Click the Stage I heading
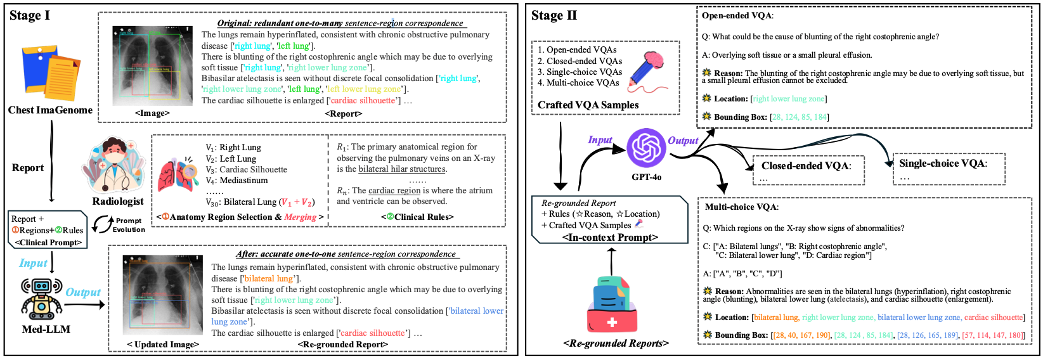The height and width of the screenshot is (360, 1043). point(30,16)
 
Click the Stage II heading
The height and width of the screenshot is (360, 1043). point(554,16)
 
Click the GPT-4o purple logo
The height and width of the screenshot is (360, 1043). point(646,148)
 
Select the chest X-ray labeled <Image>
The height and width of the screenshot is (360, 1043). point(152,65)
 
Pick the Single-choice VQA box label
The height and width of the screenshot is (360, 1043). point(942,164)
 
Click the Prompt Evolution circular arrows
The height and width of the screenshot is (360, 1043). point(103,224)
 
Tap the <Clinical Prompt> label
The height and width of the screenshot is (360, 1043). point(49,242)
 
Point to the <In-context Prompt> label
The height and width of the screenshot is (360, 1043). point(610,237)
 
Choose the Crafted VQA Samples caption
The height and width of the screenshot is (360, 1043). point(588,105)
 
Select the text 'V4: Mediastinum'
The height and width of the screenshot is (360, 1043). point(236,181)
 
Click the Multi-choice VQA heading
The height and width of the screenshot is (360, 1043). point(742,207)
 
